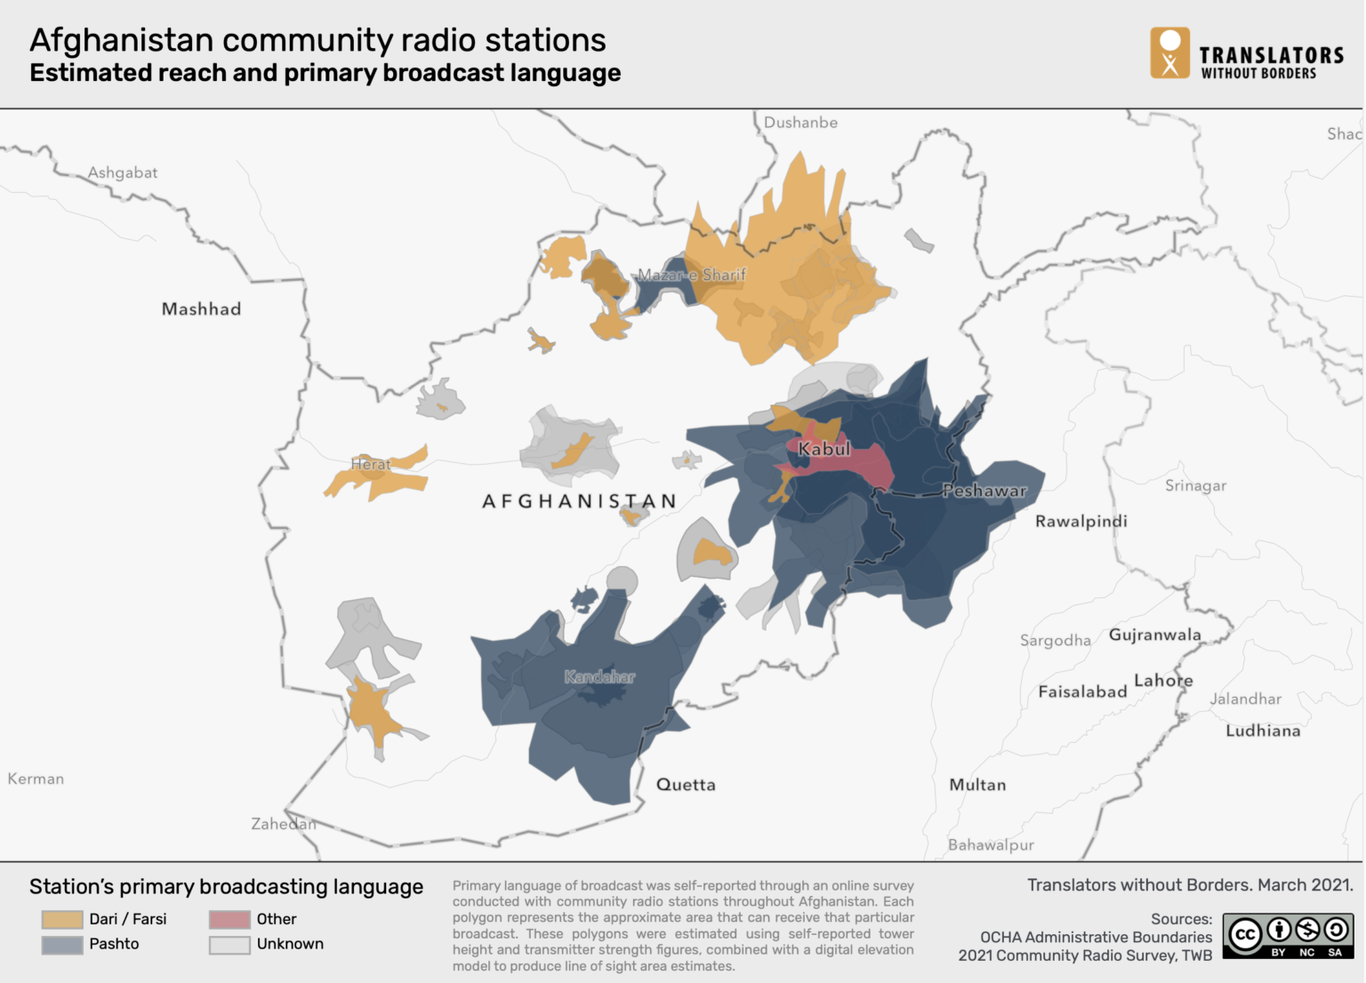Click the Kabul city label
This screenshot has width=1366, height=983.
[824, 449]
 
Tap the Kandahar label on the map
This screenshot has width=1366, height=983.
[599, 677]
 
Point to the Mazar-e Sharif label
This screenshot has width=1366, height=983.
[692, 275]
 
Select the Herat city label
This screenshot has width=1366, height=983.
[370, 464]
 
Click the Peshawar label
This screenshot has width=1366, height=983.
[984, 491]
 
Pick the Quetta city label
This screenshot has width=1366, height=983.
[686, 785]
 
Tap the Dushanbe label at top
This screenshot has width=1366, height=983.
[800, 123]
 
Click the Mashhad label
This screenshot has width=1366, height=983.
[201, 309]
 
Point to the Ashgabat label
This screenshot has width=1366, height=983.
[123, 172]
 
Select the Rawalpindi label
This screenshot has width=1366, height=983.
[1081, 522]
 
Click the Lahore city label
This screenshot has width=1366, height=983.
[1163, 681]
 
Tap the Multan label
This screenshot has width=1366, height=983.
[977, 785]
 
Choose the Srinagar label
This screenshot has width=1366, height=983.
[1195, 485]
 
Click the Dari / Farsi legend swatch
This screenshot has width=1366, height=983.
[62, 919]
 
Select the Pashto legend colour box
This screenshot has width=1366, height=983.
[62, 944]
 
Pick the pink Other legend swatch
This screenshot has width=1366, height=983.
[229, 919]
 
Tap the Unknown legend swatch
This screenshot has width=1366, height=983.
[229, 944]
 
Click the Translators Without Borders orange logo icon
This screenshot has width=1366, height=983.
[1169, 52]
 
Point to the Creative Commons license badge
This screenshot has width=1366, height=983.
[1288, 936]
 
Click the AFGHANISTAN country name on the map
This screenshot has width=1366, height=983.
[579, 501]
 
